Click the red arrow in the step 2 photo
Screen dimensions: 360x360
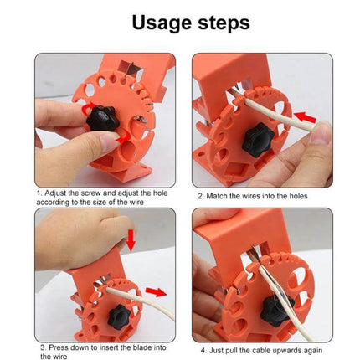pos(308,121)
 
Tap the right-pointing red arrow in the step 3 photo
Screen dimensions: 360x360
pos(155,292)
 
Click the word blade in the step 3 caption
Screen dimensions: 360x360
pos(140,347)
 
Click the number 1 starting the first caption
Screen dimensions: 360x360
pos(38,193)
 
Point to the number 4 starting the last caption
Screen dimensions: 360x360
pos(203,350)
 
